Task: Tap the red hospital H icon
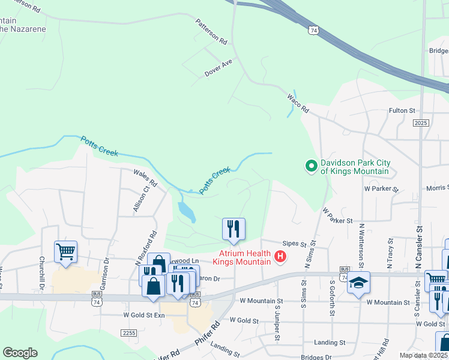click(280, 258)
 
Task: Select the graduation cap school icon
click(359, 283)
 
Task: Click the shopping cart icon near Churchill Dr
click(65, 252)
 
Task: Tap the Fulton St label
click(402, 110)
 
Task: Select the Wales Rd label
click(145, 178)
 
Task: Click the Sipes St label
click(295, 244)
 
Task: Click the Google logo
click(20, 353)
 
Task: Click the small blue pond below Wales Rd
click(187, 211)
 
